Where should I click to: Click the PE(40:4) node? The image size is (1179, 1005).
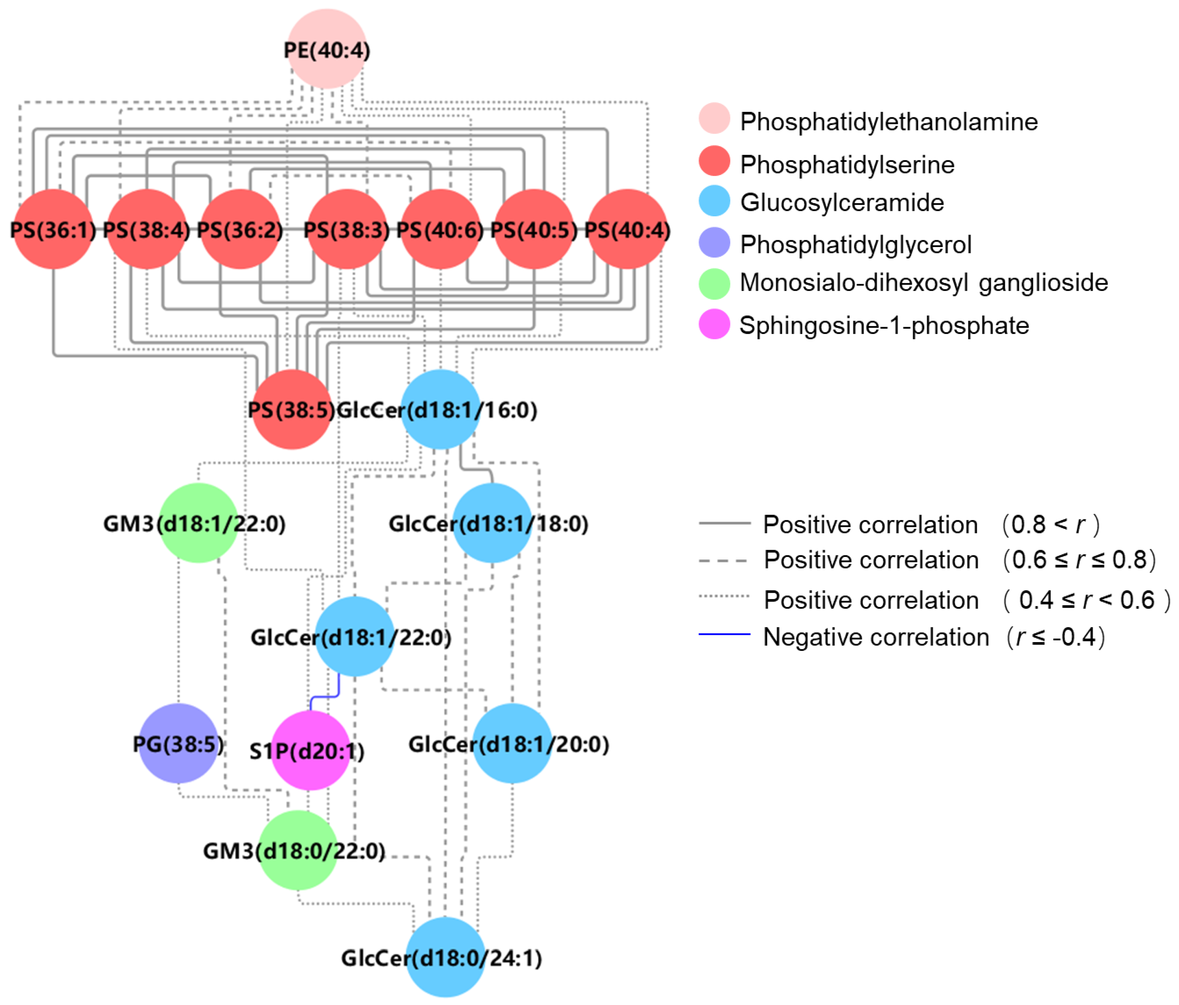coord(327,49)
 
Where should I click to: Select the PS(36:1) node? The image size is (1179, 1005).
coord(53,230)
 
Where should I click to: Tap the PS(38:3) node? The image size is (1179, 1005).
coord(346,230)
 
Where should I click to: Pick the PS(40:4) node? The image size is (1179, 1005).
coord(627,230)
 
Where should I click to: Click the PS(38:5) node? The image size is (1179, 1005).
coord(291,410)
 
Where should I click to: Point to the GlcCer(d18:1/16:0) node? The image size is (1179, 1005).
coord(440,410)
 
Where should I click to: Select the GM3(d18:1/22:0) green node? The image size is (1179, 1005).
coord(198,523)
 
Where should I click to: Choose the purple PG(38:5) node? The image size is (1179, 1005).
coord(178,743)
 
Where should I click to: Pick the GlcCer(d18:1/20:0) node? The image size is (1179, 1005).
coord(512,743)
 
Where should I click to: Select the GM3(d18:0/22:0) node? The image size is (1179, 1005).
coord(297,850)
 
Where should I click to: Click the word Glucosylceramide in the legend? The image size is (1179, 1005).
coord(842,202)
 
